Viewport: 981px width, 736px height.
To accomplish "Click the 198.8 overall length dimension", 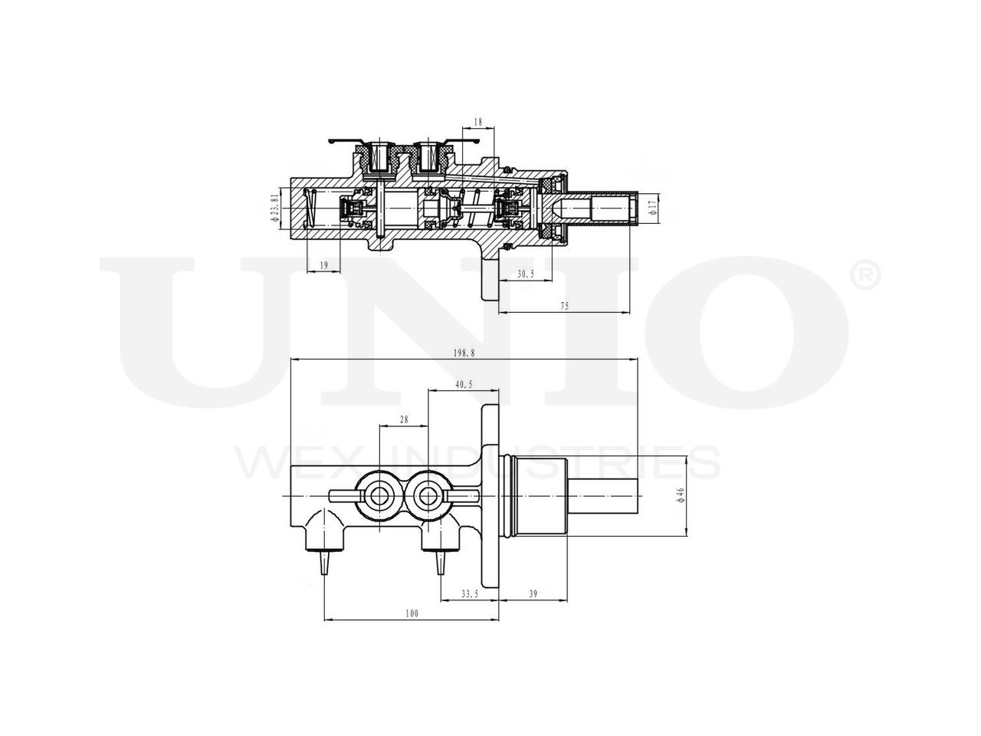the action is pos(464,353).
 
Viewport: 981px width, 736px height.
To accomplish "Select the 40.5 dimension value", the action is pos(463,385).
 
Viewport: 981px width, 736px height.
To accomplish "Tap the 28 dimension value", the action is pos(403,419).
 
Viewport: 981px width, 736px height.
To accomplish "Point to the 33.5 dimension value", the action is pos(470,593).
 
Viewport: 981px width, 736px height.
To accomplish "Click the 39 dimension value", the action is pos(533,593).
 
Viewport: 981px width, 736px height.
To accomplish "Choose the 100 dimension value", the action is pos(412,613).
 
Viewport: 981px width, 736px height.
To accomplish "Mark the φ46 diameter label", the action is pos(681,495).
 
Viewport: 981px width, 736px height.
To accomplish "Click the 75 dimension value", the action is pos(564,306).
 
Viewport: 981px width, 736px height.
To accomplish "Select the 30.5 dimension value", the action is pos(525,273).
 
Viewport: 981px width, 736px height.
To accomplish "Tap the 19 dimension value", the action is pos(323,265).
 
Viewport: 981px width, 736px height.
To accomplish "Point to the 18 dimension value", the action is pos(477,122).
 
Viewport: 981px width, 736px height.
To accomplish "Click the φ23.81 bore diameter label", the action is pos(274,208).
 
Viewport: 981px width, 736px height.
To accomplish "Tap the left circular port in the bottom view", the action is pos(378,496).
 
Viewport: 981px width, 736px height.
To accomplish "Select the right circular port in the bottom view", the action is pos(427,496).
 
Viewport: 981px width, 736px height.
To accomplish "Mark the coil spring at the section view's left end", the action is pos(311,209).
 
